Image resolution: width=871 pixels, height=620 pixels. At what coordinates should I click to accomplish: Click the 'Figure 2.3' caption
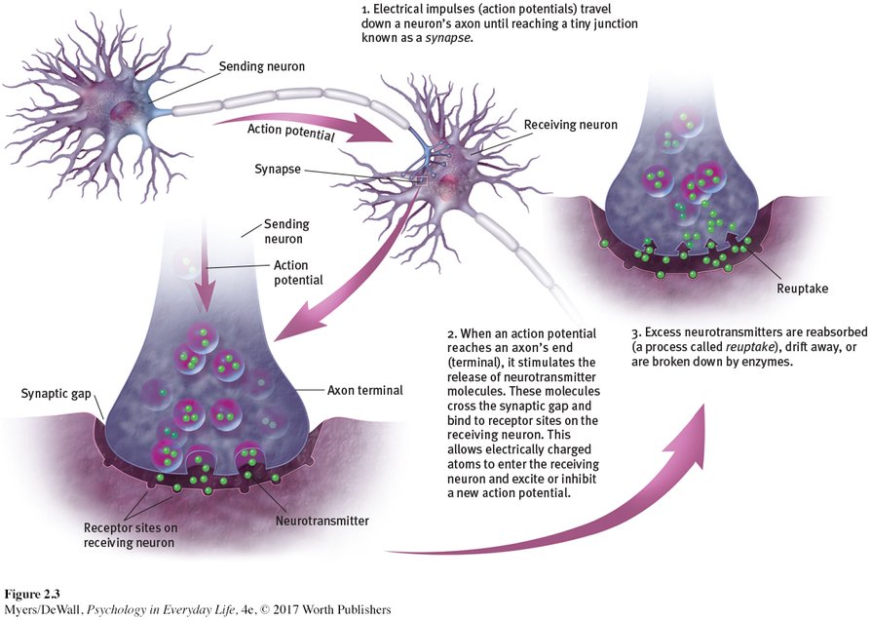tap(34, 594)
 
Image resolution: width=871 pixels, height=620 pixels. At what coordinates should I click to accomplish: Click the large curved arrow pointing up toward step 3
tap(604, 507)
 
